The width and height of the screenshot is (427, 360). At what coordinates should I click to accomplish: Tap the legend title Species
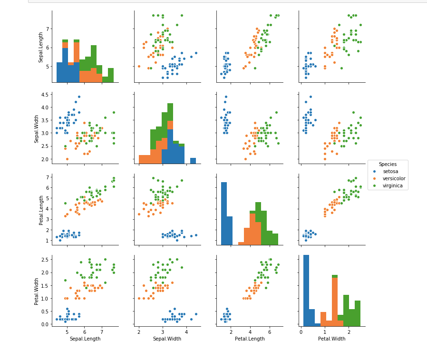(388, 164)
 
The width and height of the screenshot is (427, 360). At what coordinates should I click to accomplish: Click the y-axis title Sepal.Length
(41, 47)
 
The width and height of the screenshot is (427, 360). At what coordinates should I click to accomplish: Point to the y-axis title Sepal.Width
(37, 127)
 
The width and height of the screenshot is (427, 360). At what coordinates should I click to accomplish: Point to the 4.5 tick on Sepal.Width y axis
(46, 94)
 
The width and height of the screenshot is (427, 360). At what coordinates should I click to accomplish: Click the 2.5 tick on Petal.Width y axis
(46, 259)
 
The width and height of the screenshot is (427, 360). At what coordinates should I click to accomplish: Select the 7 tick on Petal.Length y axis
(48, 177)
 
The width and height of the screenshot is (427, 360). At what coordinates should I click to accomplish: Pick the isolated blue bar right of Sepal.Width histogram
(193, 161)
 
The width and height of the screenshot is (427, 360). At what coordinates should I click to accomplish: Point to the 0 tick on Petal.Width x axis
(301, 331)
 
